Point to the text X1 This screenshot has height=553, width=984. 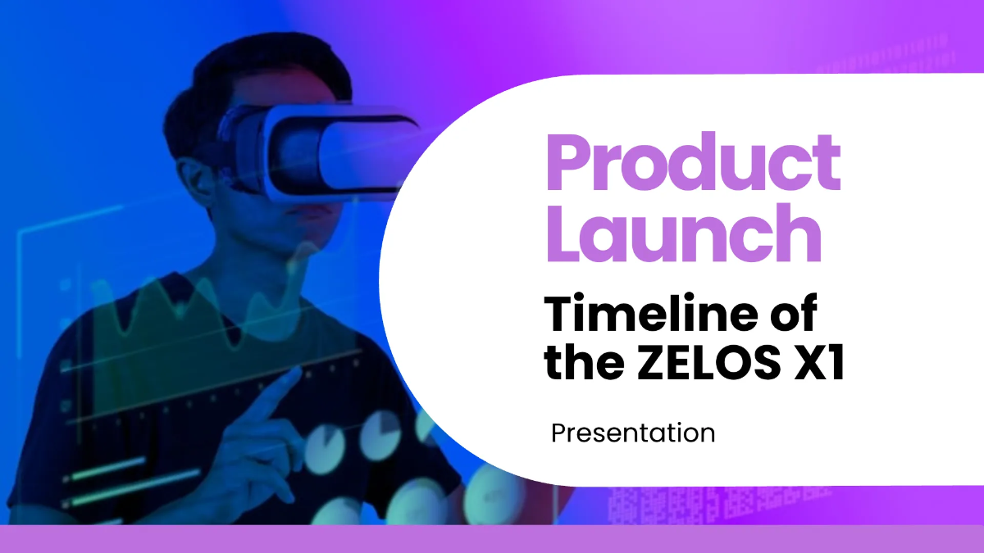pos(820,361)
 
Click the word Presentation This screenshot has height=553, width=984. pos(633,433)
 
